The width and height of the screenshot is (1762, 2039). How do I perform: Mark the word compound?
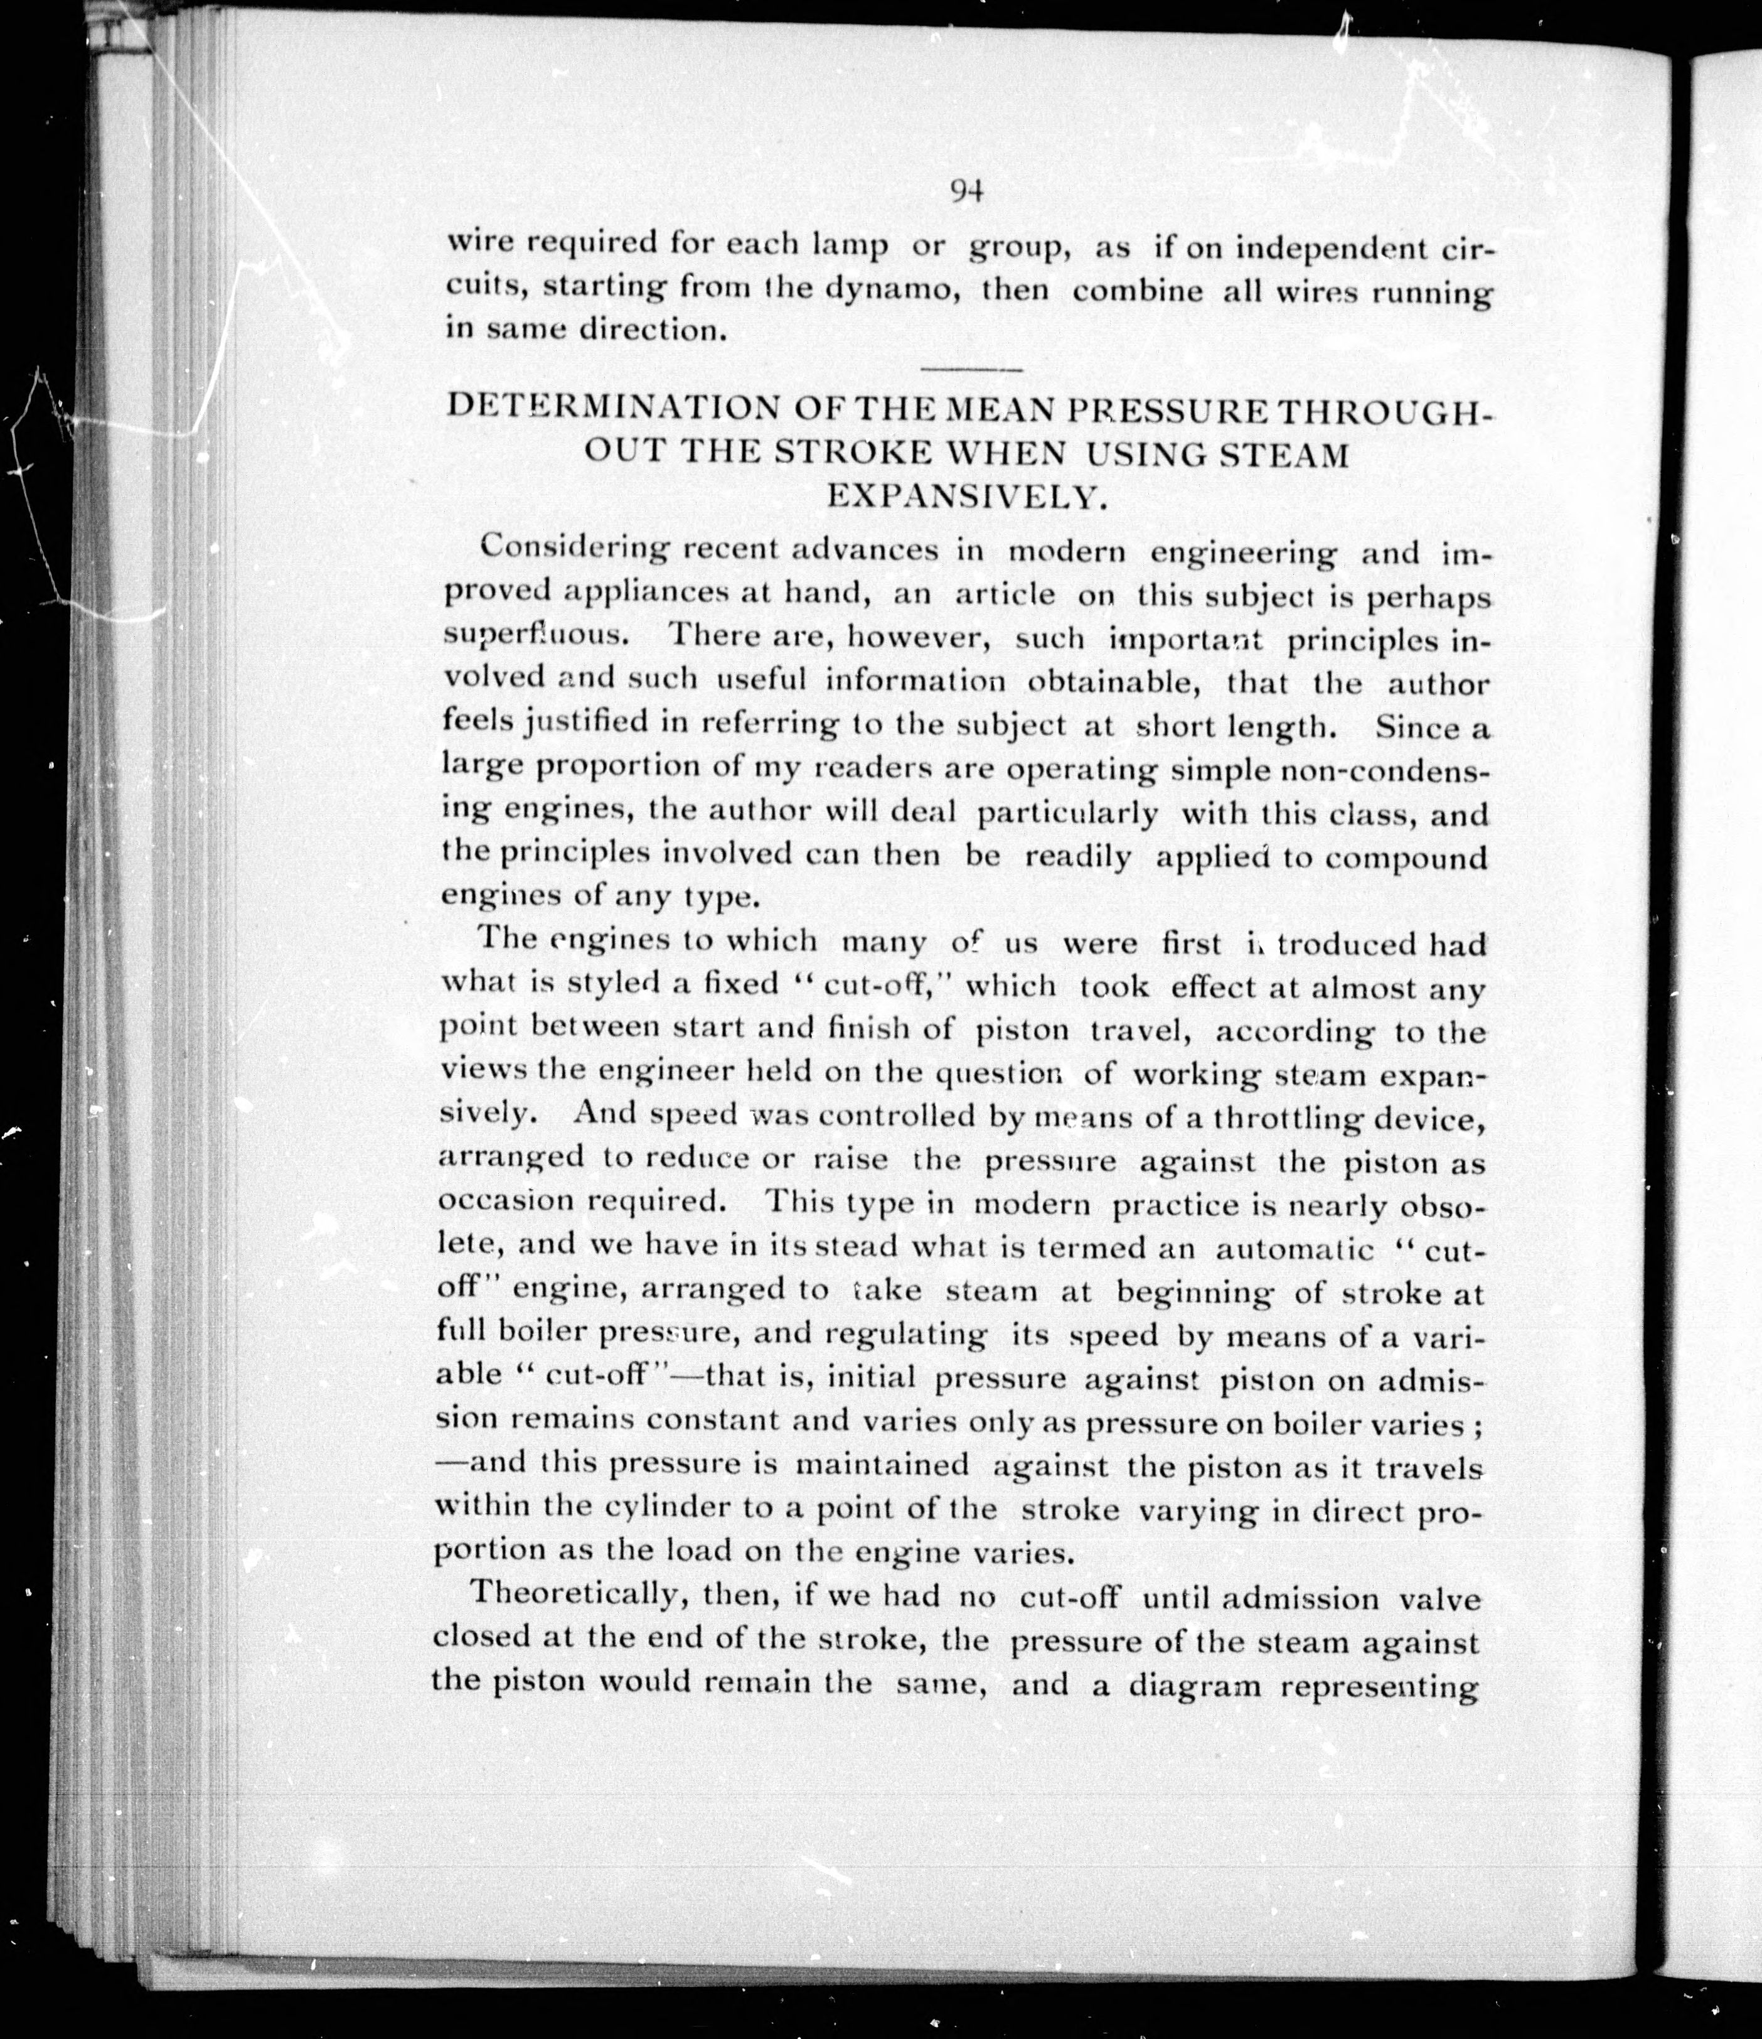[1406, 858]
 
